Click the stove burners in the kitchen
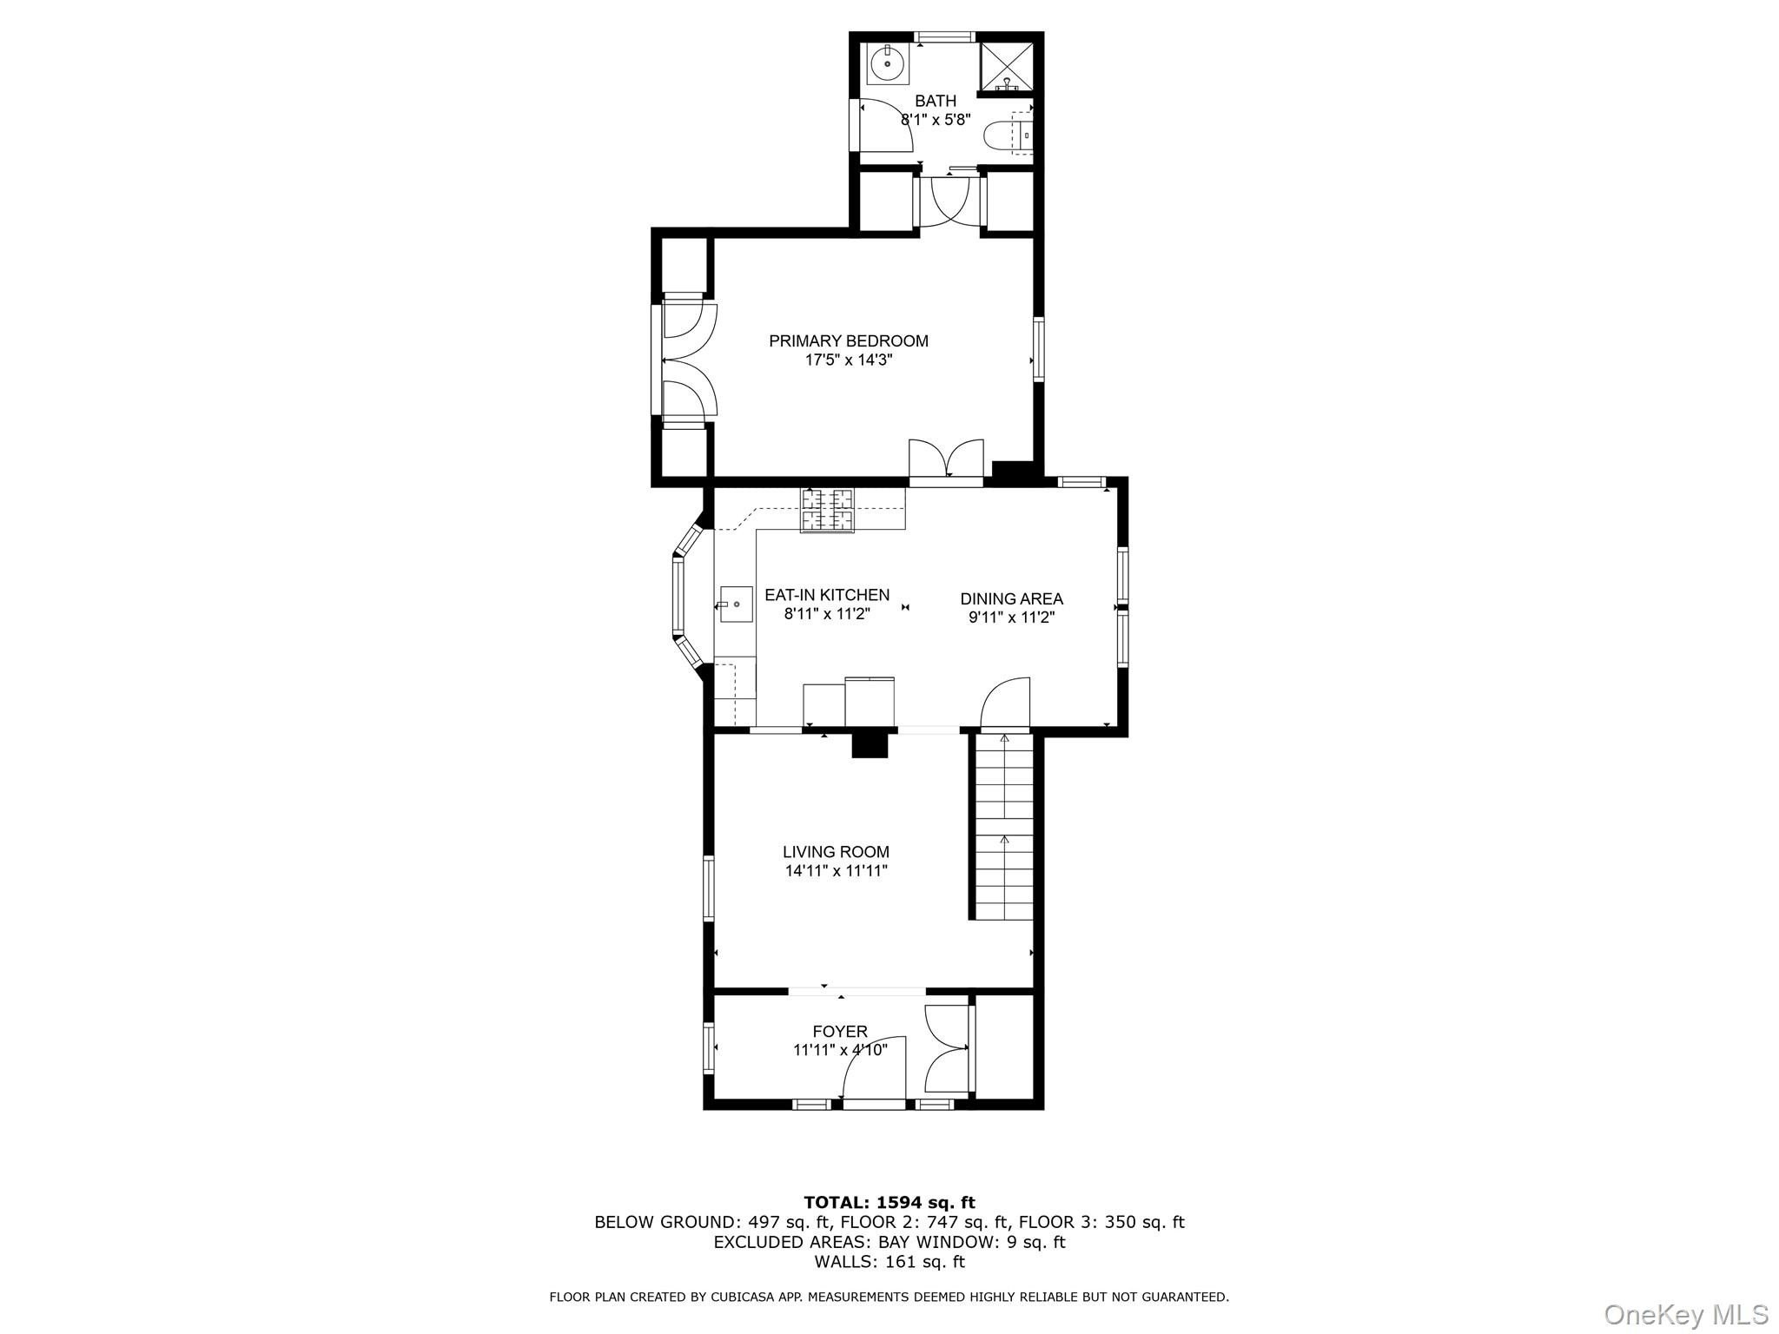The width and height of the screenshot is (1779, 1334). click(827, 510)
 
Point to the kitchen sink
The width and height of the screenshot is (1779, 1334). click(736, 604)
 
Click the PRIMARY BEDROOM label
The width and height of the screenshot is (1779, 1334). click(849, 341)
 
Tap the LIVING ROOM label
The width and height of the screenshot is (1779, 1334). click(836, 852)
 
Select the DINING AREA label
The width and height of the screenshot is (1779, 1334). click(1011, 598)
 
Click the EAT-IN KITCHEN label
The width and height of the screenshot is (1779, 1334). click(827, 595)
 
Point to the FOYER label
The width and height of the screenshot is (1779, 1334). click(840, 1032)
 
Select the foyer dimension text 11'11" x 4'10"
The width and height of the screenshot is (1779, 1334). click(840, 1050)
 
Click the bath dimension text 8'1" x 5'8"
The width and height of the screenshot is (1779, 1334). click(935, 120)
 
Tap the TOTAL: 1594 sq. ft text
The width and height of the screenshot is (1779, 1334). click(889, 1203)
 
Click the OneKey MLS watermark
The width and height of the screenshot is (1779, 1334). click(1686, 1314)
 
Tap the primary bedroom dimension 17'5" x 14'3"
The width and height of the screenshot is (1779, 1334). click(849, 360)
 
